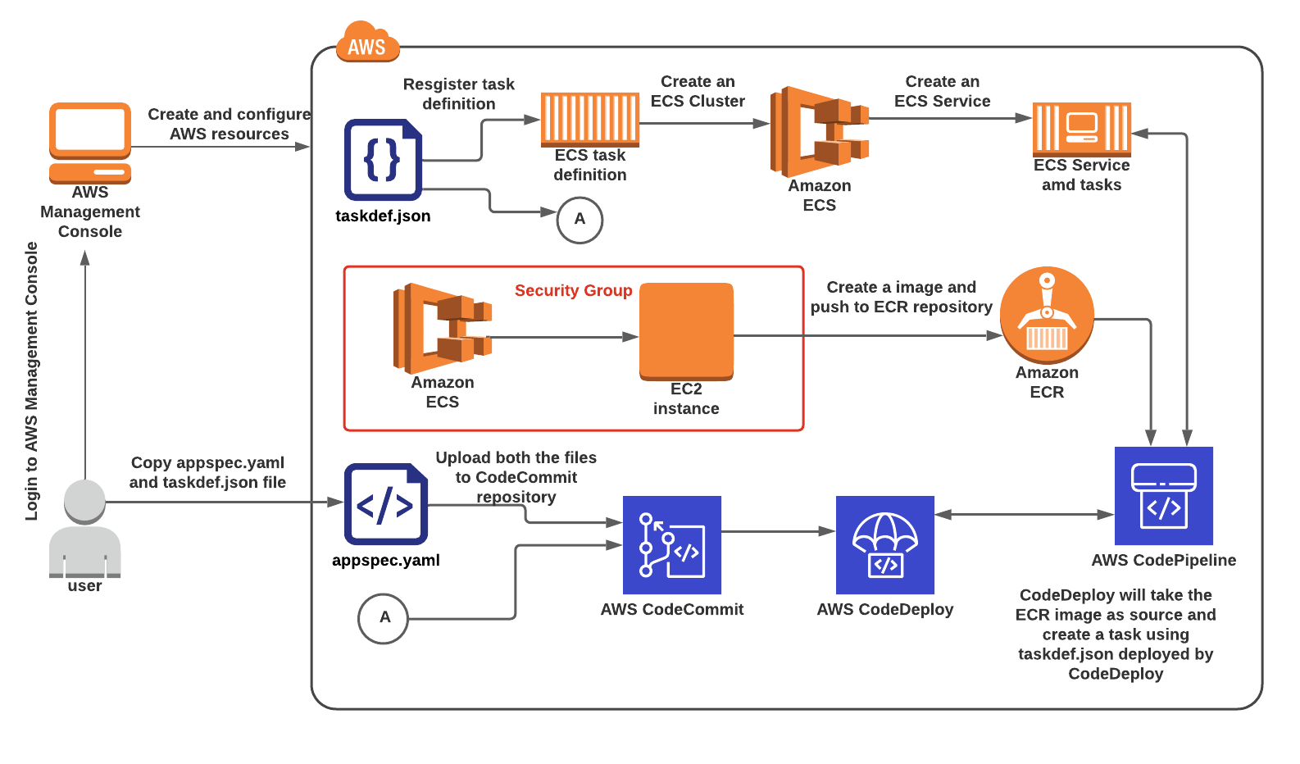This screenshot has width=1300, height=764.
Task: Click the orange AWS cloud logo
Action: (x=367, y=43)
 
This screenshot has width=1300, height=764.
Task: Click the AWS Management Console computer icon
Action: (x=90, y=142)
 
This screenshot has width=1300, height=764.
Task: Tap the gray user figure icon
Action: (x=84, y=529)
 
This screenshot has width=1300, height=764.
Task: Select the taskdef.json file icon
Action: (x=383, y=160)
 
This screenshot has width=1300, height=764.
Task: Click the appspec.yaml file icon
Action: (x=385, y=504)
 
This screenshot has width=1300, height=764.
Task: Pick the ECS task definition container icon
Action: (x=589, y=119)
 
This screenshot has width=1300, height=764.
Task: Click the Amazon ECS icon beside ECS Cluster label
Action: (x=819, y=132)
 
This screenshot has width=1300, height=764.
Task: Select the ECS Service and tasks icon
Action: (x=1081, y=129)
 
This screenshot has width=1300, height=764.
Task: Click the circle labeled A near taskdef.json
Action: (x=580, y=220)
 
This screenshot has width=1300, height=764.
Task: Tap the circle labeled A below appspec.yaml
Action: (x=383, y=618)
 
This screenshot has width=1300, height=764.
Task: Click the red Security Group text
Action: (x=573, y=290)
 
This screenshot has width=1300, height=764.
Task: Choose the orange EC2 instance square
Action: (x=686, y=331)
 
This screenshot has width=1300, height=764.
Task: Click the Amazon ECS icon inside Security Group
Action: (x=443, y=328)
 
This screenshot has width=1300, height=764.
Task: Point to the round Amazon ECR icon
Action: (x=1047, y=315)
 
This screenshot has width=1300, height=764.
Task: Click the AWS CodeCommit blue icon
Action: (x=671, y=544)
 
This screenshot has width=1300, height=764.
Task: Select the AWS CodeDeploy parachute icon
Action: (x=884, y=544)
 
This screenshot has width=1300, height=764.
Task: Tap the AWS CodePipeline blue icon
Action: (x=1163, y=495)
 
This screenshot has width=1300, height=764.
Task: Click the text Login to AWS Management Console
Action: (x=31, y=381)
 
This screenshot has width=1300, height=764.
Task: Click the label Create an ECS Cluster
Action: (x=698, y=91)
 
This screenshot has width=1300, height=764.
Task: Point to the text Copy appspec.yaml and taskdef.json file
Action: (x=207, y=472)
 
